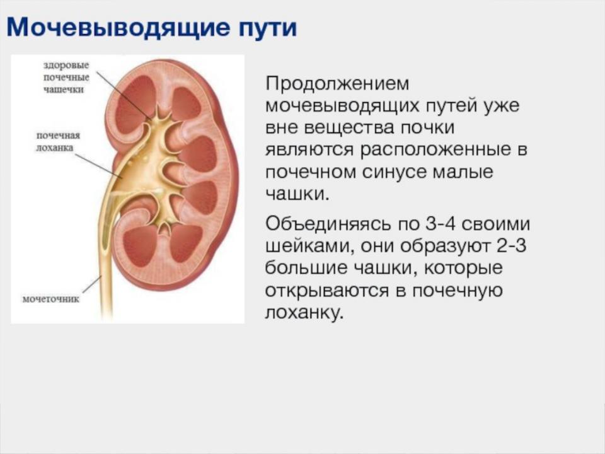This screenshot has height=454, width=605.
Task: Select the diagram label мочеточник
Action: [50, 299]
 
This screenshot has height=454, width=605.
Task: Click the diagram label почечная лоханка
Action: [58, 141]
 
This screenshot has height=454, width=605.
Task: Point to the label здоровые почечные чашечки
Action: [66, 77]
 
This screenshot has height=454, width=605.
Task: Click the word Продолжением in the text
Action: [337, 84]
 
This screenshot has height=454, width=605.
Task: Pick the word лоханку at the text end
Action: [304, 313]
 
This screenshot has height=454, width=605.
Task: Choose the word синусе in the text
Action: [393, 172]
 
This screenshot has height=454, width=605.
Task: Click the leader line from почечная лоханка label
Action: [98, 166]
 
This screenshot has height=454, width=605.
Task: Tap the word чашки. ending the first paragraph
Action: [297, 194]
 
